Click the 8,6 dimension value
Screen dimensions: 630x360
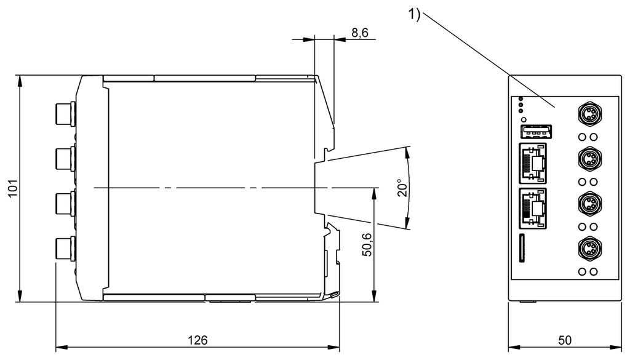[359, 32]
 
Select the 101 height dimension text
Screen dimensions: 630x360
[14, 188]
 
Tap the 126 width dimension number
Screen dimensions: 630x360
[197, 340]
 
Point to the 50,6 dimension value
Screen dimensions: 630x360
[367, 244]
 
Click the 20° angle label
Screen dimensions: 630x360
[402, 188]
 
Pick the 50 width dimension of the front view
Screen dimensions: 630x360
[565, 340]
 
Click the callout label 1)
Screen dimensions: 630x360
[414, 14]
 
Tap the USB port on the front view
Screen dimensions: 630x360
[536, 131]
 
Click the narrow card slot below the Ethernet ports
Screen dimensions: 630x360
[522, 248]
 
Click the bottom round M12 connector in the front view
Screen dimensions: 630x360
[590, 249]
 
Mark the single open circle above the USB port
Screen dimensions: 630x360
[524, 119]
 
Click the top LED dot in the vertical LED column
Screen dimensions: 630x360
[520, 99]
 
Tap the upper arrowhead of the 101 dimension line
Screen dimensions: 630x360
[19, 79]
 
